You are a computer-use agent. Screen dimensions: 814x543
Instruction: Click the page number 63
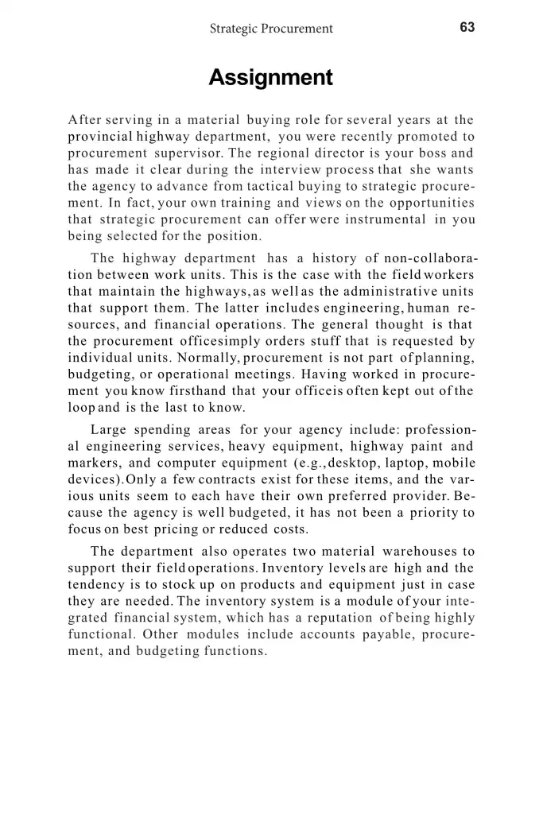(467, 28)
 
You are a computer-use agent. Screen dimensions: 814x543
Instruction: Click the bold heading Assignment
(270, 78)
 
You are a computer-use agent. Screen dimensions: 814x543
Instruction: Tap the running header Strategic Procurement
(271, 29)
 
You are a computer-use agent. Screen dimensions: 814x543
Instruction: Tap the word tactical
(250, 186)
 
